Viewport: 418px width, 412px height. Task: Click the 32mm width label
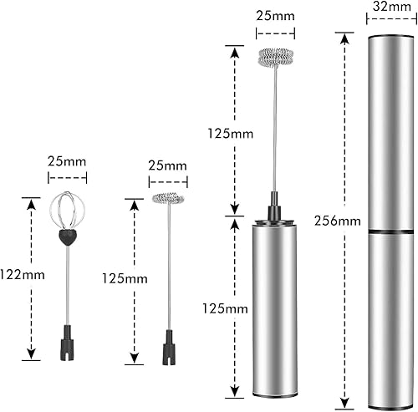(391, 7)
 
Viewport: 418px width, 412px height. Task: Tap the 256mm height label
(338, 221)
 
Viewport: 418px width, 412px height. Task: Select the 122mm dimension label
(23, 275)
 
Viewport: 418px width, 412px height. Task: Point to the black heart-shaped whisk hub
(67, 237)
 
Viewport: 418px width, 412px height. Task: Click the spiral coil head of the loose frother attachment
(168, 198)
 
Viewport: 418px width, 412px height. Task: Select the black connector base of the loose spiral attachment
(169, 348)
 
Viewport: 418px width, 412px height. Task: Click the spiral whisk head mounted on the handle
(276, 58)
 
